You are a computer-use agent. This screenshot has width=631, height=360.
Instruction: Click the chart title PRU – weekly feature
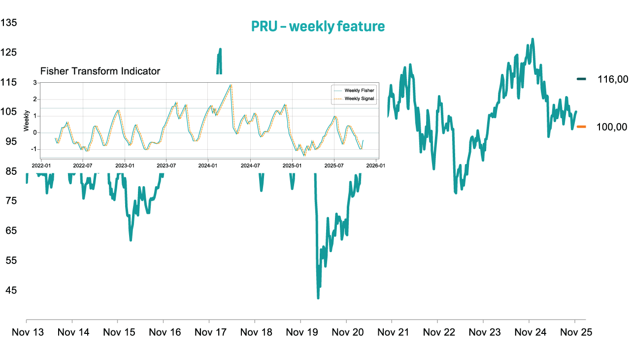coord(318,27)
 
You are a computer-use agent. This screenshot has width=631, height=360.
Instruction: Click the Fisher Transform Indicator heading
coord(100,71)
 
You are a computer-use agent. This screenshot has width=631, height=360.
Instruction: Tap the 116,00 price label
coord(612,79)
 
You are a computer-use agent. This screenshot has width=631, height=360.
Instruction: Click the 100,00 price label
coord(612,127)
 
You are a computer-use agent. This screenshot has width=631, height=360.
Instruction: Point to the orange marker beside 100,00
coord(581,127)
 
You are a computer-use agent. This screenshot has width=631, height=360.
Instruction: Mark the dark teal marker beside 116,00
coord(581,79)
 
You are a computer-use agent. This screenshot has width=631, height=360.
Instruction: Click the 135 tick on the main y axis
coord(9,23)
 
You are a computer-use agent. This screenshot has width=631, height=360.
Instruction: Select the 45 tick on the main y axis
coord(11,290)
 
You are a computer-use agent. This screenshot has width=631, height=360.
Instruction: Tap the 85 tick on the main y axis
coord(11,171)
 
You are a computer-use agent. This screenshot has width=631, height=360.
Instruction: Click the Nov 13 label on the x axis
coord(28,332)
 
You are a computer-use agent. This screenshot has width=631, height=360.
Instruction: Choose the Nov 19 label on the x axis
coord(301,332)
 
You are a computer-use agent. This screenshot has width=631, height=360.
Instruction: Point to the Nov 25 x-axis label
coord(575,332)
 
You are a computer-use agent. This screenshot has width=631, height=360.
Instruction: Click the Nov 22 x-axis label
coord(438,332)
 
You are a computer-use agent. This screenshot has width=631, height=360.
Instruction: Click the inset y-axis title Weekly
coord(27,121)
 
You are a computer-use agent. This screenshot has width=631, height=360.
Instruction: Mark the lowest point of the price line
coord(318,298)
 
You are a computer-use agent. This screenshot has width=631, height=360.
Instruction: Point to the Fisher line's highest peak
coord(230,85)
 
